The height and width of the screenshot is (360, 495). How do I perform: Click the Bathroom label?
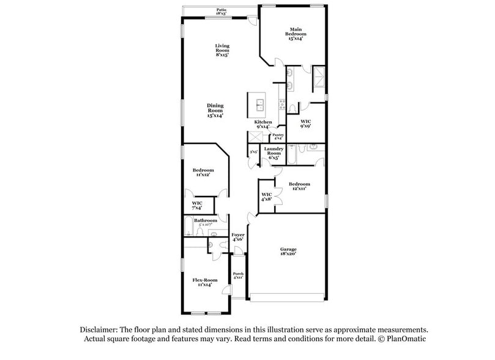pos(206,220)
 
